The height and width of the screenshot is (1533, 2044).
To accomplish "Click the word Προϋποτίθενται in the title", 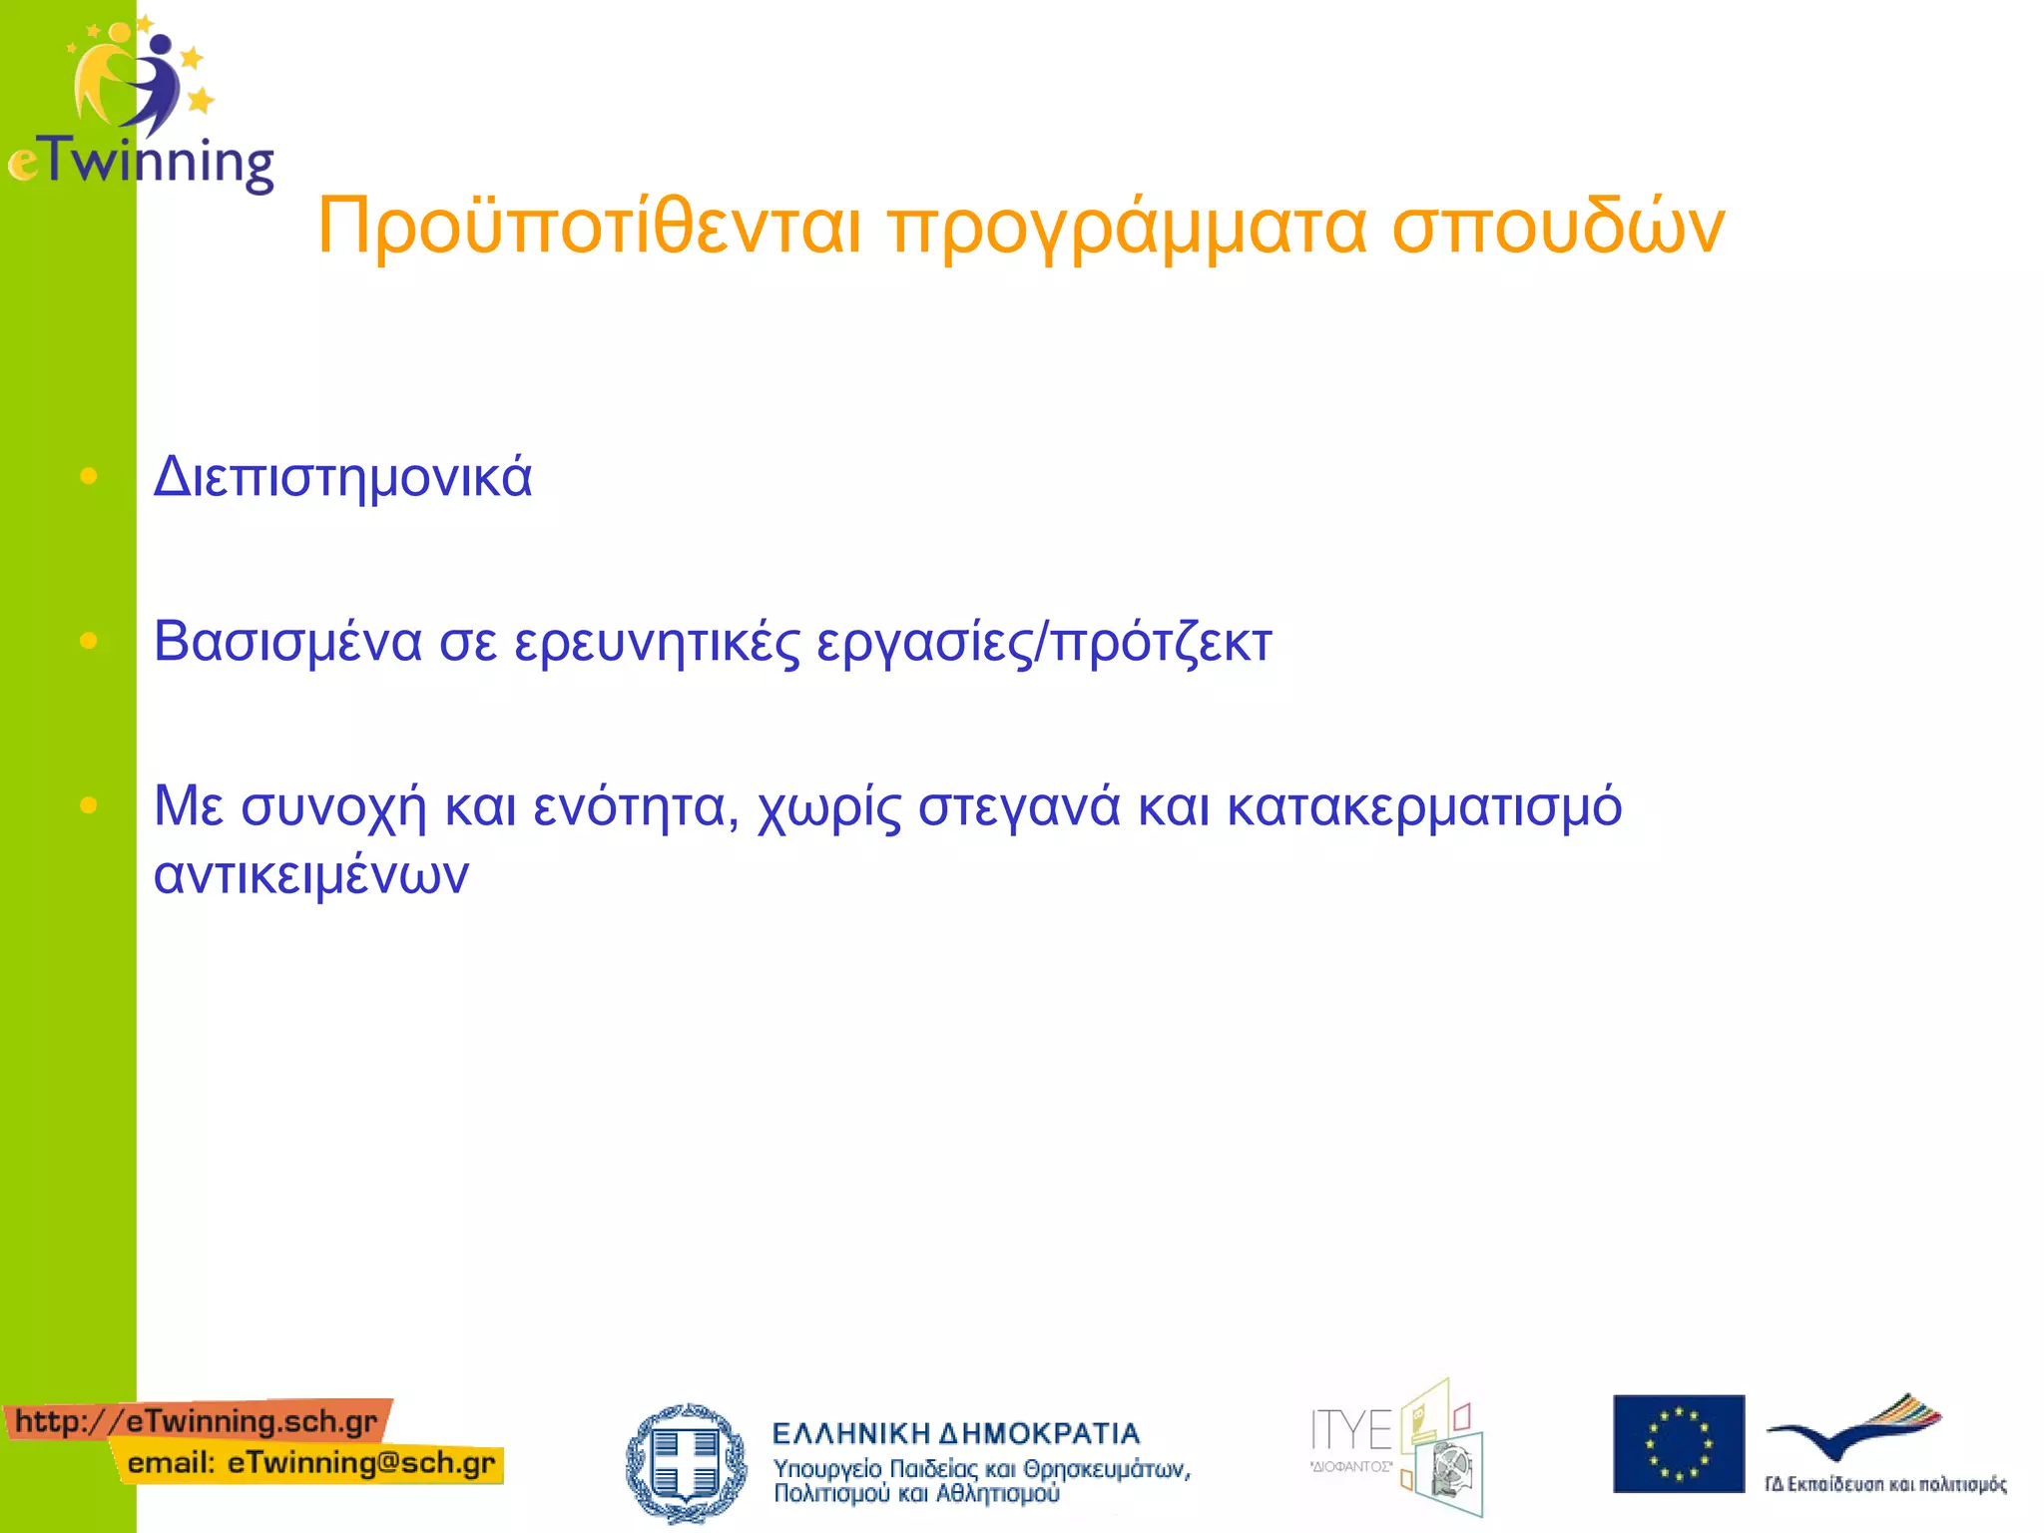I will [x=589, y=228].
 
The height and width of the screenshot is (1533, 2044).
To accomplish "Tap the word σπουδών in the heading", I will [x=1558, y=228].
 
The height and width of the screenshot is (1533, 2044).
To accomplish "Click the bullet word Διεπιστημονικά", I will [x=342, y=477].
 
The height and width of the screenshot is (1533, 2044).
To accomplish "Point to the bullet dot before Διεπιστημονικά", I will [x=88, y=477].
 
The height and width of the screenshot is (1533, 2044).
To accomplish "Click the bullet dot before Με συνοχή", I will [x=88, y=804].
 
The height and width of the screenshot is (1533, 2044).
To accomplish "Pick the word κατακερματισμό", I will [x=1424, y=806].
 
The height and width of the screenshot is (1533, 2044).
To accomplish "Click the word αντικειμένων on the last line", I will [x=310, y=875].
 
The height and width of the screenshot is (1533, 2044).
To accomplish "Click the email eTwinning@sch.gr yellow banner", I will [x=310, y=1463].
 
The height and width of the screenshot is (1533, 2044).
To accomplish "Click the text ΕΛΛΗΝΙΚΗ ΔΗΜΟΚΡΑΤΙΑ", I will [x=955, y=1434].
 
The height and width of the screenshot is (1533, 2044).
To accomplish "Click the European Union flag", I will [x=1678, y=1443].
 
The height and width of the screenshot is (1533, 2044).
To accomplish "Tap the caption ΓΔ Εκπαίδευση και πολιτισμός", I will [x=1884, y=1484].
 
